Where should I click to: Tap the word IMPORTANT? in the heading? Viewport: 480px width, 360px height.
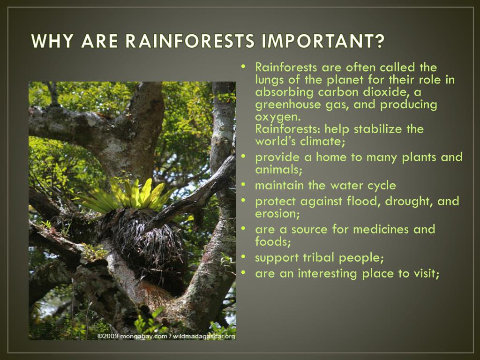(x=322, y=41)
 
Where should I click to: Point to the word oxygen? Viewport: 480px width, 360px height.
(x=277, y=117)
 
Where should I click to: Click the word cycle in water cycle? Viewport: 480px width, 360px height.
(x=381, y=186)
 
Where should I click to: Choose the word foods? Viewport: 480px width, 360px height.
(x=273, y=242)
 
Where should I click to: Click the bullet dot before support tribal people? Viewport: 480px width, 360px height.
(x=243, y=256)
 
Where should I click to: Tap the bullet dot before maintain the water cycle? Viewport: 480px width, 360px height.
(x=243, y=184)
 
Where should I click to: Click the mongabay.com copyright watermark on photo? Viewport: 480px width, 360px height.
(x=166, y=336)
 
